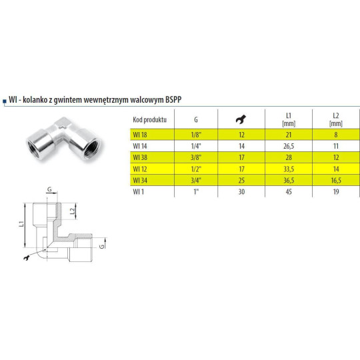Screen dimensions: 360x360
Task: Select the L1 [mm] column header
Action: (x=289, y=119)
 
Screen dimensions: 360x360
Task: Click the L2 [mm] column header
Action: (x=336, y=119)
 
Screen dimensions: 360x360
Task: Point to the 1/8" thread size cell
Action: (x=195, y=134)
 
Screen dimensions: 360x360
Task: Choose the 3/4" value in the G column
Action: (x=195, y=179)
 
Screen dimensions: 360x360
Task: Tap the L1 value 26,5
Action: (x=289, y=145)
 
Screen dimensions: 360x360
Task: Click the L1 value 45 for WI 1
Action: (x=289, y=191)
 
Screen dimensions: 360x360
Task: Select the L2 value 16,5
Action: (x=336, y=179)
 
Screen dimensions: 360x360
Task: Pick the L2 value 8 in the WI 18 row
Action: (x=336, y=134)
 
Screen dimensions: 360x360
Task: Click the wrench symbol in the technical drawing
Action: (x=27, y=257)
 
